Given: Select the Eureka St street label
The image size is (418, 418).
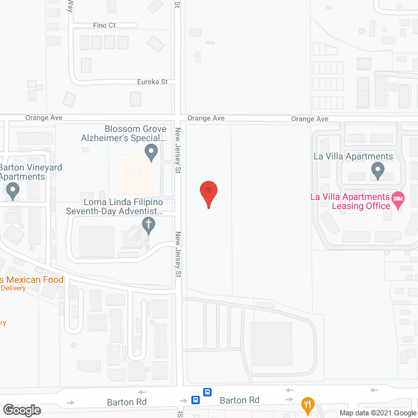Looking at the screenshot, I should point(152,82).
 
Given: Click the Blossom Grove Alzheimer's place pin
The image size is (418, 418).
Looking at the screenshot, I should point(152,153).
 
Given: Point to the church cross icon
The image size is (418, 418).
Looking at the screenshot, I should point(149,226).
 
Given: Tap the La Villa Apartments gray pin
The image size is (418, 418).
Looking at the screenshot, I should point(378,171).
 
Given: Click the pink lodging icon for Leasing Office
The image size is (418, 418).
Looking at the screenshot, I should point(398,197).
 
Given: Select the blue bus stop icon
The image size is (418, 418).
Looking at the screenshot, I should point(207,393).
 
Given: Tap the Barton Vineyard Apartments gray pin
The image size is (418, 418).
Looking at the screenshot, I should point(12,191).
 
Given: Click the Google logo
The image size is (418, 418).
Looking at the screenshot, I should point(22,410).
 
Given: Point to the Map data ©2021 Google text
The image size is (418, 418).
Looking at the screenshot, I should point(377,413).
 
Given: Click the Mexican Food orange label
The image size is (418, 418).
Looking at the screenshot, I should point(32,280).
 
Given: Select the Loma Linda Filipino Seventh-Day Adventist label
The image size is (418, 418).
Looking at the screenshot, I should point(114,206).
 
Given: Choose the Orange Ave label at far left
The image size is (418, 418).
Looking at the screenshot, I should point(43,118).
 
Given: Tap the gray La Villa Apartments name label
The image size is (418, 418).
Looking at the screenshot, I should point(353,156).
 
